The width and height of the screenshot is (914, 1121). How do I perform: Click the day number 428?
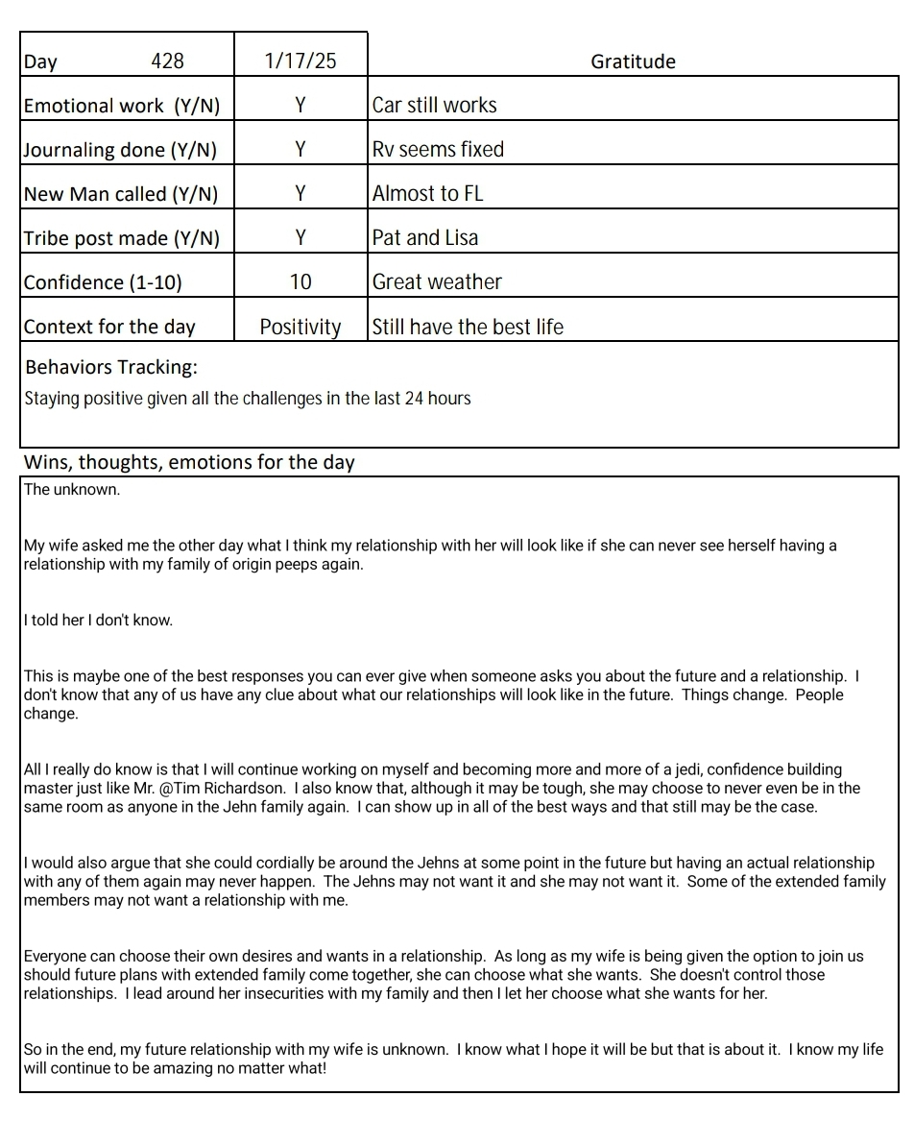167,61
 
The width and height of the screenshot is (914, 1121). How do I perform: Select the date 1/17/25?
301,61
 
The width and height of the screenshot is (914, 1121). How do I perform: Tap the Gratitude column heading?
633,61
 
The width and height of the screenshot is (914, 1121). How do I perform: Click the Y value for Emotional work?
301,105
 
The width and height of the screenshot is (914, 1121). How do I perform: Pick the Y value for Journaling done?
301,149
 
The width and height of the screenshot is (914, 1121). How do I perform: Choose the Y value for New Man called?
301,193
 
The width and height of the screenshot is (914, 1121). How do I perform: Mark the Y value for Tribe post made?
301,237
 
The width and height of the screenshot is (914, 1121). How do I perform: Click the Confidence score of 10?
301,281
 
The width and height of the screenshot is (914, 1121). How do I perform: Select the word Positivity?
301,327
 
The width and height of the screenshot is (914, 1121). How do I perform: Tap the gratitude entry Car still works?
434,105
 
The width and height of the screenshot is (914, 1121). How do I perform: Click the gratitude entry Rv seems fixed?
438,149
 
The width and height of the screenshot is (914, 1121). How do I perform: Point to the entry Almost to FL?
427,193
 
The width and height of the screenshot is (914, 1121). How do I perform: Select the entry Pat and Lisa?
424,237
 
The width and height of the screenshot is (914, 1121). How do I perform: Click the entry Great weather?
437,281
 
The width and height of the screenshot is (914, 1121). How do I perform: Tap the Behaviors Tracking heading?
111,367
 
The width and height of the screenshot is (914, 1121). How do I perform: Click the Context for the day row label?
109,327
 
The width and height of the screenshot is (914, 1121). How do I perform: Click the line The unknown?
72,489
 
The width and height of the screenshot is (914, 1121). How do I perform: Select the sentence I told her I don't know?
98,621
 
